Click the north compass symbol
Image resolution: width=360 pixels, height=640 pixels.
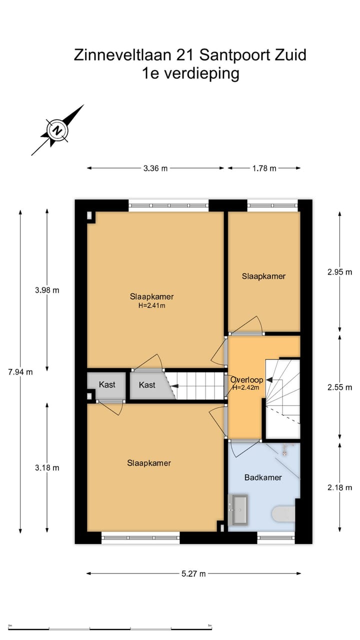(x=58, y=130)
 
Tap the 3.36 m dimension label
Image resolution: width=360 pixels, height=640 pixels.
(x=155, y=168)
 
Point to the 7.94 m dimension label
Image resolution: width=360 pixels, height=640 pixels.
(x=20, y=371)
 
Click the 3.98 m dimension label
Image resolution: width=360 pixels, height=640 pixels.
(x=47, y=290)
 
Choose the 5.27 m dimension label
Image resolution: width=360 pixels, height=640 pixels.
(x=193, y=574)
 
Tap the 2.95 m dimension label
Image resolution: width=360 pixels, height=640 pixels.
(x=340, y=272)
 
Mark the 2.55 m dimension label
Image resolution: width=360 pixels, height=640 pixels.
(x=340, y=387)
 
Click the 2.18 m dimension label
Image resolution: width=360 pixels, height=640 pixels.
(x=340, y=487)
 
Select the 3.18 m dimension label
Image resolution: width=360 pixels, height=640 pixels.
(x=47, y=468)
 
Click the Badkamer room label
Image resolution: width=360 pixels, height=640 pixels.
(x=263, y=477)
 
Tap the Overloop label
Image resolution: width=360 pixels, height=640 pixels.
(x=246, y=380)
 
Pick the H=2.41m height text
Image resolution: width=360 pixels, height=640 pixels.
(x=151, y=305)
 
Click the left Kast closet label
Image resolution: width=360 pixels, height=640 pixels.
(x=107, y=384)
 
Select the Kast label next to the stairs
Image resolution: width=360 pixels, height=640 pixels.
(x=147, y=385)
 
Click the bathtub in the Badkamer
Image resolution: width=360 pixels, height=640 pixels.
(x=238, y=509)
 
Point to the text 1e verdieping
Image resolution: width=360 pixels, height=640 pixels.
(x=190, y=73)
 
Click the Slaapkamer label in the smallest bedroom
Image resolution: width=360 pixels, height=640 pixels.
(x=263, y=276)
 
